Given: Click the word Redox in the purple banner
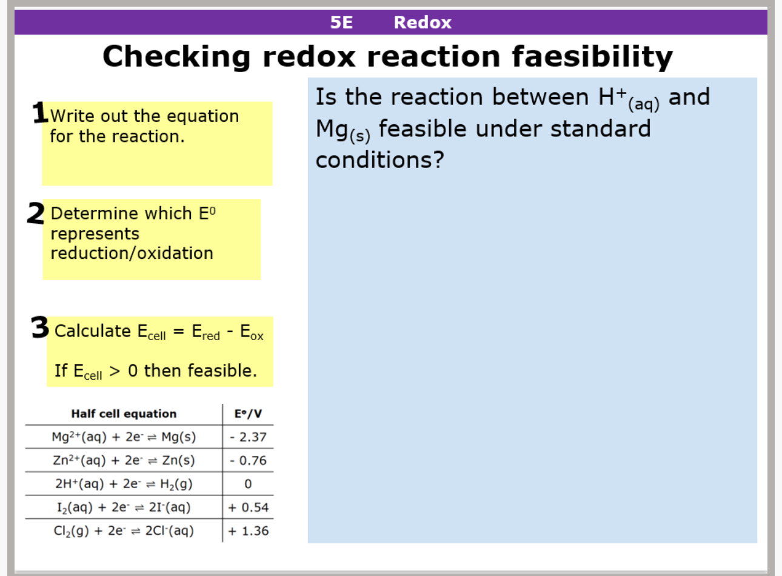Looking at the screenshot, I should pyautogui.click(x=423, y=22).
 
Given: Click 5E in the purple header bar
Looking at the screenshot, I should pyautogui.click(x=341, y=22).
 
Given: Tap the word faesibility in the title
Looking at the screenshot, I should pyautogui.click(x=592, y=57).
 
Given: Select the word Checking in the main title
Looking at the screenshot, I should pyautogui.click(x=176, y=57).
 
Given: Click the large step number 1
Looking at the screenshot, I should pyautogui.click(x=40, y=113).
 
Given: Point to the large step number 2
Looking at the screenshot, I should pyautogui.click(x=36, y=213).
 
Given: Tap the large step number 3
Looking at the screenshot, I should pyautogui.click(x=40, y=328).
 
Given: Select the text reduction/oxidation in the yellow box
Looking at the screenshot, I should pyautogui.click(x=132, y=253).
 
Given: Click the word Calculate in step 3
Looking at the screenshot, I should pyautogui.click(x=92, y=331).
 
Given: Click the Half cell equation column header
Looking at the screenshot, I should pyautogui.click(x=124, y=414).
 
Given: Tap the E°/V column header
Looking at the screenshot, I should pyautogui.click(x=248, y=414).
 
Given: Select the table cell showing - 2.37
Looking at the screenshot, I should pyautogui.click(x=248, y=437).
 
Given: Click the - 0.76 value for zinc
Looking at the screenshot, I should pyautogui.click(x=248, y=461).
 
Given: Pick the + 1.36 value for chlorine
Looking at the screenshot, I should pyautogui.click(x=248, y=531).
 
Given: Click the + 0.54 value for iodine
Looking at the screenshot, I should pyautogui.click(x=248, y=507).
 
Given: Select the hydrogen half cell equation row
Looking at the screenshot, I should pyautogui.click(x=124, y=484).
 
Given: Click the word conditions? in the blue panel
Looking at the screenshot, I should pyautogui.click(x=379, y=160).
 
